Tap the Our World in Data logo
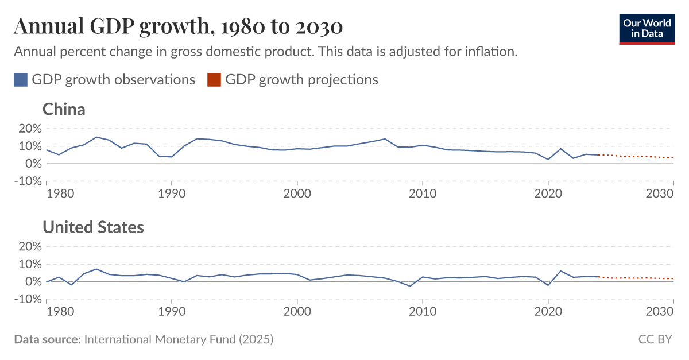(647, 28)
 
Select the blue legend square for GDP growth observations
(21, 80)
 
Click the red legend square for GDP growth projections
(214, 80)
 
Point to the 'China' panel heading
(64, 109)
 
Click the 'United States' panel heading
(93, 227)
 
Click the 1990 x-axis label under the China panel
(172, 193)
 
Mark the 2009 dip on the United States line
(410, 286)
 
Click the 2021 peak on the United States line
(560, 271)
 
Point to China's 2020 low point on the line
(548, 160)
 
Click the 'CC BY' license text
(655, 339)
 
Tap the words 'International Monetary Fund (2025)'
(179, 339)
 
